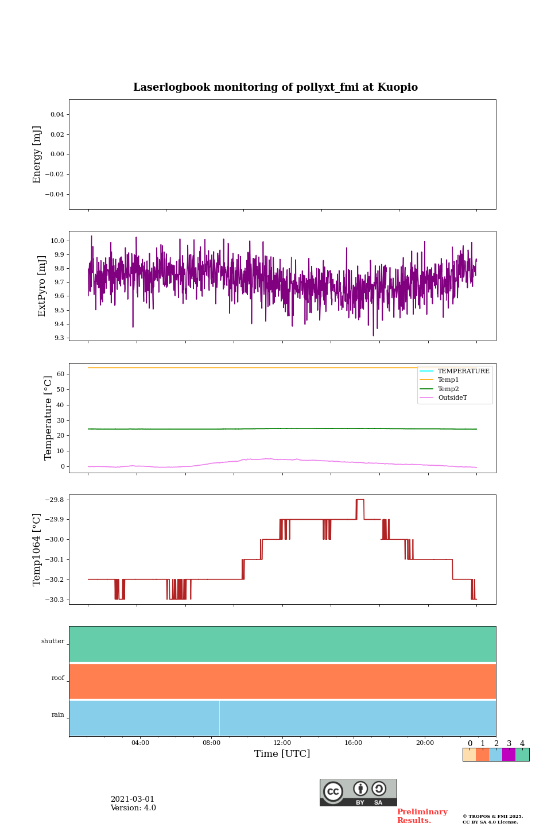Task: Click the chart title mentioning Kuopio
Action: (275, 87)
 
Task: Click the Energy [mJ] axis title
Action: (37, 154)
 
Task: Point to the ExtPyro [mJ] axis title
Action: (42, 286)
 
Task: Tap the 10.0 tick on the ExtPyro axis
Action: (58, 241)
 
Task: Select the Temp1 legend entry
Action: (448, 380)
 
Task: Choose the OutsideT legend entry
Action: (452, 398)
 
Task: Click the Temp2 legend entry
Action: (448, 389)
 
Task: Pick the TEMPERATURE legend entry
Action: (463, 372)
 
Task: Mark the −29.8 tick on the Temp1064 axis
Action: (53, 500)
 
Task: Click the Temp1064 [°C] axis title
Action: (37, 550)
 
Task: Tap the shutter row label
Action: (53, 641)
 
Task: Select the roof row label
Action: (58, 678)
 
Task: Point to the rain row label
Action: (58, 715)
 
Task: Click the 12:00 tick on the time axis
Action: (282, 743)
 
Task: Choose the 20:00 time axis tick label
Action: (425, 743)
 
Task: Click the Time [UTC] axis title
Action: (282, 754)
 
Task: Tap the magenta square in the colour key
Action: (509, 755)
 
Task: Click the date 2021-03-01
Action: (133, 799)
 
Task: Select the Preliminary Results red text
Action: (422, 816)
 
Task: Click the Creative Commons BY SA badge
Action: (358, 793)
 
